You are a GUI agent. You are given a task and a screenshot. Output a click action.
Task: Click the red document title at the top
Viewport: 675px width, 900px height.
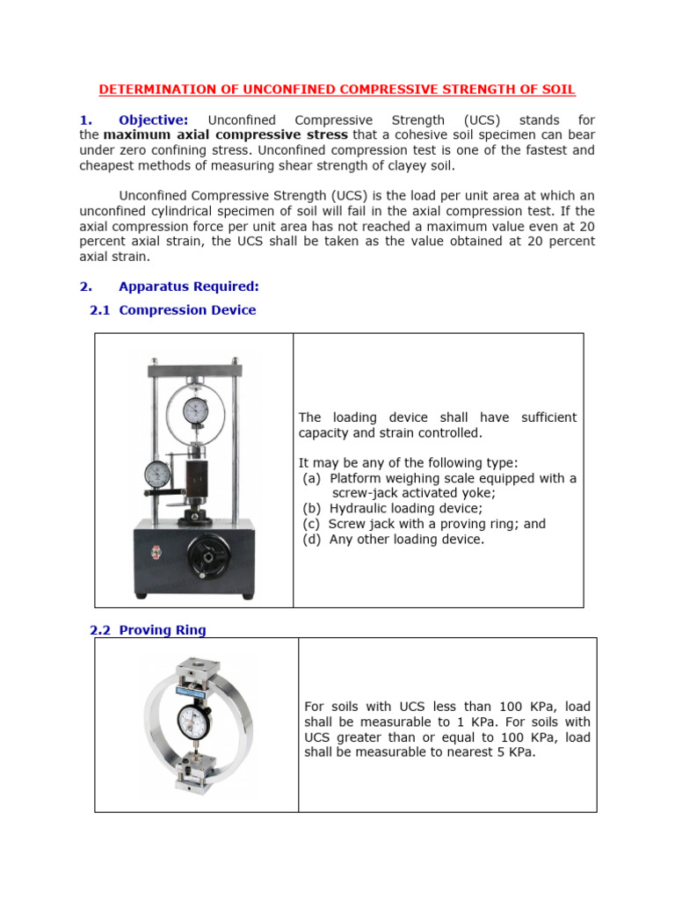337,90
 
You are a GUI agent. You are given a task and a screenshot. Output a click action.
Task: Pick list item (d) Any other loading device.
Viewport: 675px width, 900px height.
392,540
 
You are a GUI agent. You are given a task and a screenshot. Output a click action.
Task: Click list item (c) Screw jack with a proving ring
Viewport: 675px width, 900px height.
424,524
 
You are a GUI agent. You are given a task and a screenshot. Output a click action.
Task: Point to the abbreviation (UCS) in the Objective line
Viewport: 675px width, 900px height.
476,120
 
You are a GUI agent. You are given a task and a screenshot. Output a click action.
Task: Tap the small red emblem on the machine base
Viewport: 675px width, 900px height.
157,553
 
